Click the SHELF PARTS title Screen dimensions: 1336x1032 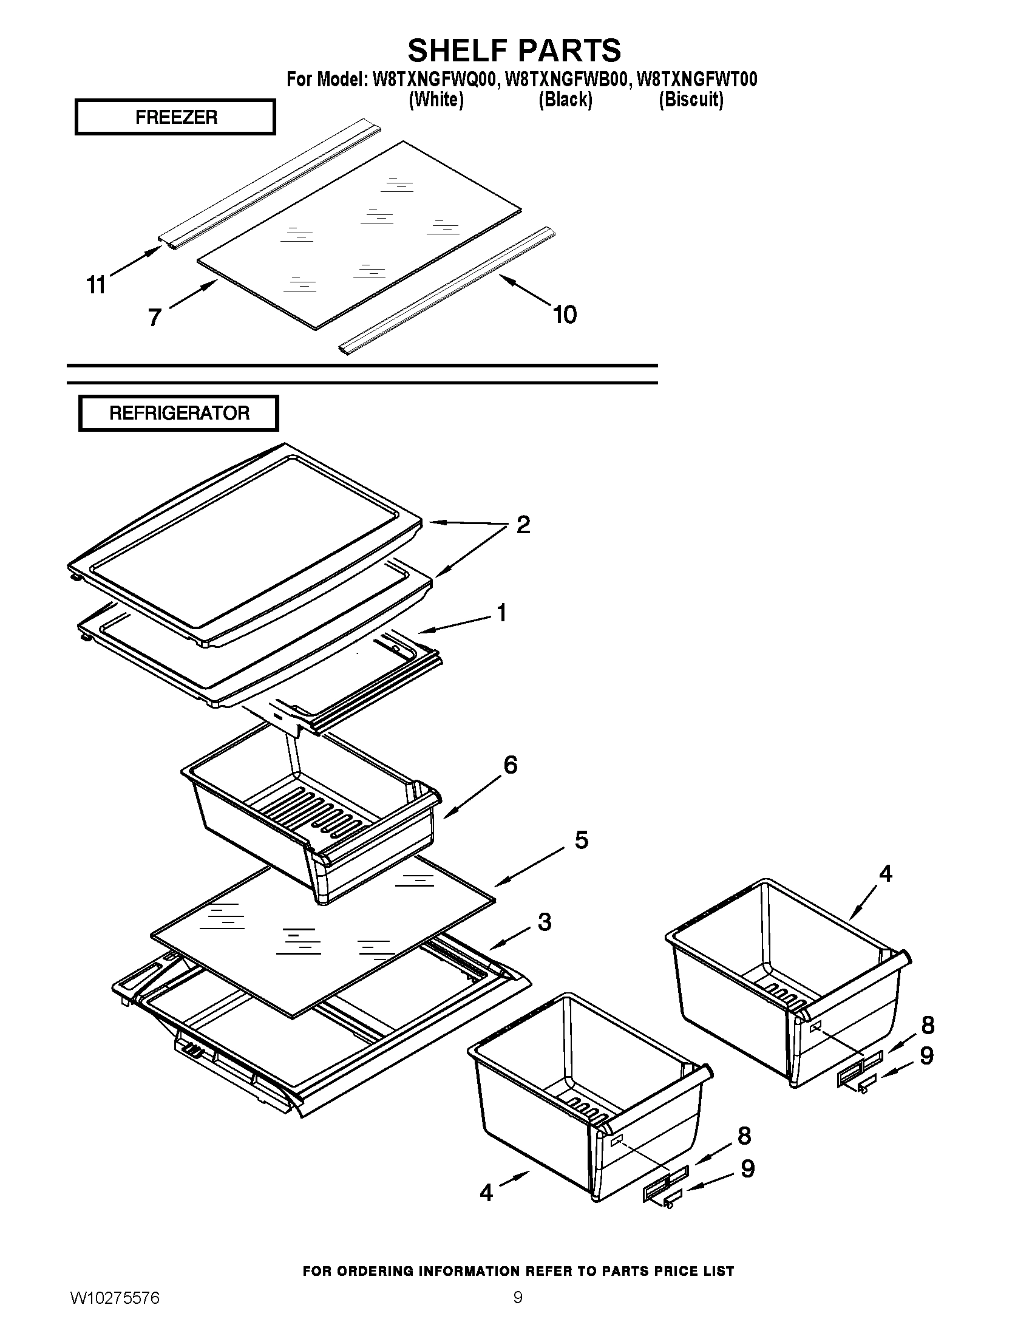[x=514, y=50]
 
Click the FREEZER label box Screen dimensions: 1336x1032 [x=175, y=117]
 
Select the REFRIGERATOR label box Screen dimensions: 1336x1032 [x=178, y=413]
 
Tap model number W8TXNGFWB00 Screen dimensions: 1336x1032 [x=567, y=80]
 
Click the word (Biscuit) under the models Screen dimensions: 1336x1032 [x=691, y=99]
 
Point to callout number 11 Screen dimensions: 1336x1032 [x=96, y=285]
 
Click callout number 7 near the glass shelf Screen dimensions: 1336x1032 [x=155, y=317]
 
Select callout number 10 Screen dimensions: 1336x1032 [x=565, y=315]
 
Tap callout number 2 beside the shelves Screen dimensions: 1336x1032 [x=523, y=525]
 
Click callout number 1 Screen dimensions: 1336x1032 [x=501, y=612]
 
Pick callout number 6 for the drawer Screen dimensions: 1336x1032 [x=510, y=765]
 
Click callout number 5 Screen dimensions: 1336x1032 [x=581, y=840]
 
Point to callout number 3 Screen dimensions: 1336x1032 [x=544, y=922]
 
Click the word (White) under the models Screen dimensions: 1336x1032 [x=436, y=99]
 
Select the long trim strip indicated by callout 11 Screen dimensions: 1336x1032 [x=269, y=183]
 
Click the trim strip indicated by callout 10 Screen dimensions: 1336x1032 [x=446, y=290]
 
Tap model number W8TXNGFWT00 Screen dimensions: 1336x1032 [x=696, y=80]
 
